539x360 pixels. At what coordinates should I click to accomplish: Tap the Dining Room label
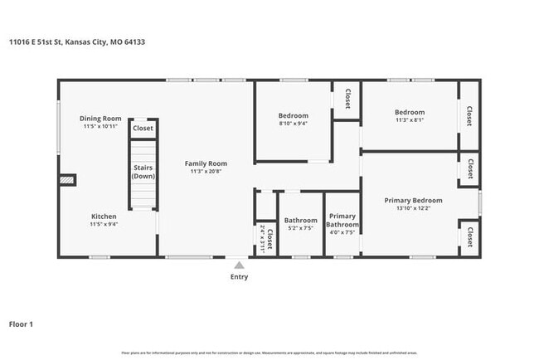pyautogui.click(x=100, y=118)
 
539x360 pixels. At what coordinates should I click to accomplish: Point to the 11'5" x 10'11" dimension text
pyautogui.click(x=100, y=126)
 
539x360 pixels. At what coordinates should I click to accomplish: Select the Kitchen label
pyautogui.click(x=104, y=216)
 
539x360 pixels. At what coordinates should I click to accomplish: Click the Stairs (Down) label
pyautogui.click(x=143, y=172)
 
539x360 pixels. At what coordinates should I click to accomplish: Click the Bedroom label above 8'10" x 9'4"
pyautogui.click(x=293, y=115)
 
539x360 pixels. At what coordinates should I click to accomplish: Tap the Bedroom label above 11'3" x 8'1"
pyautogui.click(x=409, y=112)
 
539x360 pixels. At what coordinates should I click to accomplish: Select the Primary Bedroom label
pyautogui.click(x=412, y=200)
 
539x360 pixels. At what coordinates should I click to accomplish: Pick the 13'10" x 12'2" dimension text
pyautogui.click(x=412, y=208)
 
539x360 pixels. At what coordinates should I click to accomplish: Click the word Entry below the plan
pyautogui.click(x=238, y=276)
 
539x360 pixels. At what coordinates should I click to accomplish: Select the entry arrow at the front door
pyautogui.click(x=238, y=264)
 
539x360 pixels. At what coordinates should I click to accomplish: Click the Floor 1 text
pyautogui.click(x=21, y=324)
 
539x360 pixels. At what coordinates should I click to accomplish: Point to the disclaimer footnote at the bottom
pyautogui.click(x=269, y=353)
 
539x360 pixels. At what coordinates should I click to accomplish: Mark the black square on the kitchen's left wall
pyautogui.click(x=67, y=179)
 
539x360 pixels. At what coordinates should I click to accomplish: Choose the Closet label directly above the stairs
pyautogui.click(x=143, y=129)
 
